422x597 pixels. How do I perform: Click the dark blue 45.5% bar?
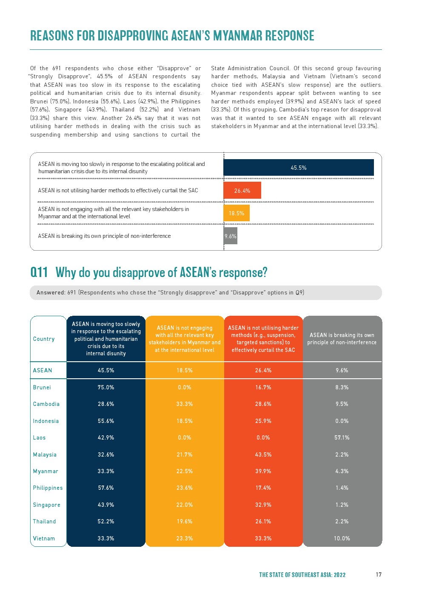(x=298, y=168)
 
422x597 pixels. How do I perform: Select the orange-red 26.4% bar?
(x=242, y=191)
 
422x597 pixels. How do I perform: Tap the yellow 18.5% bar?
(x=237, y=213)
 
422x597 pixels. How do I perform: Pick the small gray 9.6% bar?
(x=230, y=236)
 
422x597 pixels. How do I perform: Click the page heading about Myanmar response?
(x=172, y=36)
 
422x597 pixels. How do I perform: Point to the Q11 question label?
(x=39, y=272)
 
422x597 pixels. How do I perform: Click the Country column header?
(x=44, y=339)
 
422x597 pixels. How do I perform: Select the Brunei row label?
(x=42, y=387)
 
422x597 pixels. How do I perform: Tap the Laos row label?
(x=39, y=437)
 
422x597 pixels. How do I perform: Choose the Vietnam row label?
(x=44, y=538)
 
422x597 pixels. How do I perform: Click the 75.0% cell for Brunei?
(x=106, y=387)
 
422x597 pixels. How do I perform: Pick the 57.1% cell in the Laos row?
(x=342, y=437)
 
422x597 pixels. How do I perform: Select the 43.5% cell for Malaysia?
(x=263, y=454)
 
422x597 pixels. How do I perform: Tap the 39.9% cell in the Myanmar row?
(x=263, y=471)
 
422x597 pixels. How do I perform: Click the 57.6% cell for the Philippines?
(x=106, y=488)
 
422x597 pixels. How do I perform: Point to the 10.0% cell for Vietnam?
(x=342, y=538)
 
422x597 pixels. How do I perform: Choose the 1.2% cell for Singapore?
(x=342, y=505)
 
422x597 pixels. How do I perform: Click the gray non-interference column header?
(x=342, y=339)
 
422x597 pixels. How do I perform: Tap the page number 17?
(x=379, y=574)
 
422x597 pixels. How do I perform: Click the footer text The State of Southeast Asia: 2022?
(x=302, y=575)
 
